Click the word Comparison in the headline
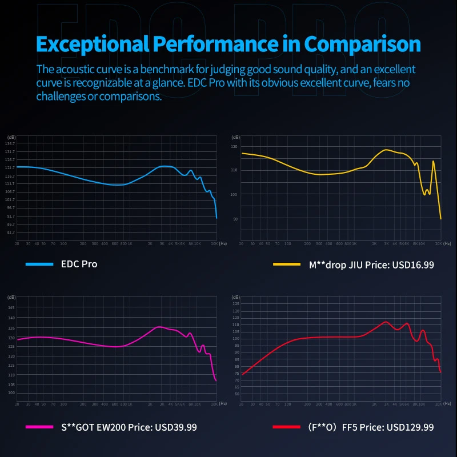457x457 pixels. tap(362, 44)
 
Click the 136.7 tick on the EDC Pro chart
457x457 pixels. tap(10, 144)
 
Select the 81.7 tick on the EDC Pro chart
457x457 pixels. tap(10, 232)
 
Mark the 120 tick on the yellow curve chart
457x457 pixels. tap(234, 147)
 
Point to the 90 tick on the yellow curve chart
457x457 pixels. tap(235, 219)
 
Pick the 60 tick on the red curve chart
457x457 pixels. tap(235, 394)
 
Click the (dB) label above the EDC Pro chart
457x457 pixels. tap(11, 137)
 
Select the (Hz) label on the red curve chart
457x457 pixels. tap(447, 404)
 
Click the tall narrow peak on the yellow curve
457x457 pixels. tap(433, 162)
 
